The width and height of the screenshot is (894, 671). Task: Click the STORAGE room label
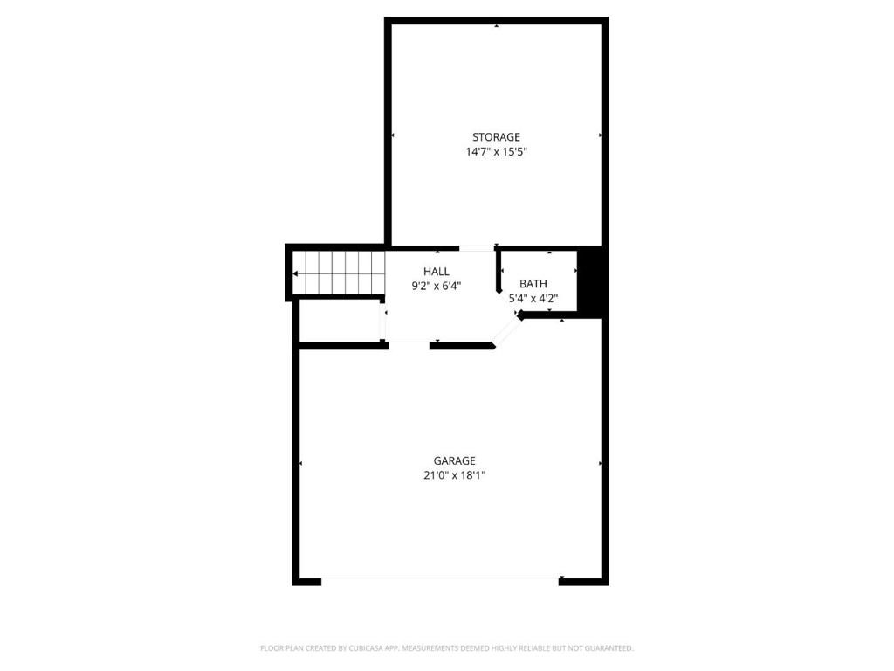point(496,137)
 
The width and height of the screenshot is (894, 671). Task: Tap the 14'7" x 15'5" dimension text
point(496,152)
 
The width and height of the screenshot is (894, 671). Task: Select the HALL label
point(437,272)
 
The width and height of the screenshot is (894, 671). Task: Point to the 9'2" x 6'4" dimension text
point(437,286)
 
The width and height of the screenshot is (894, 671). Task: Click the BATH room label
point(533,284)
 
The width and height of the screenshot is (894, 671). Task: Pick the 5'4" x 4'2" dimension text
point(533,298)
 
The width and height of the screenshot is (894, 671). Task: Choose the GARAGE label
point(454,460)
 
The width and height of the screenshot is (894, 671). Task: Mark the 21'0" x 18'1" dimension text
point(454,475)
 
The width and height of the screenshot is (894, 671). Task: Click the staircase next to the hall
point(339,273)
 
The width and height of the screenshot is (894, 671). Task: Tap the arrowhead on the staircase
point(295,273)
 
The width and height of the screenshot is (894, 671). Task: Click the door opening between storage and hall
point(477,248)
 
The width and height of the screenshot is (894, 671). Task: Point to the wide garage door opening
point(440,581)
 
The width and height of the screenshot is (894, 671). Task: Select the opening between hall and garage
point(409,344)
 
